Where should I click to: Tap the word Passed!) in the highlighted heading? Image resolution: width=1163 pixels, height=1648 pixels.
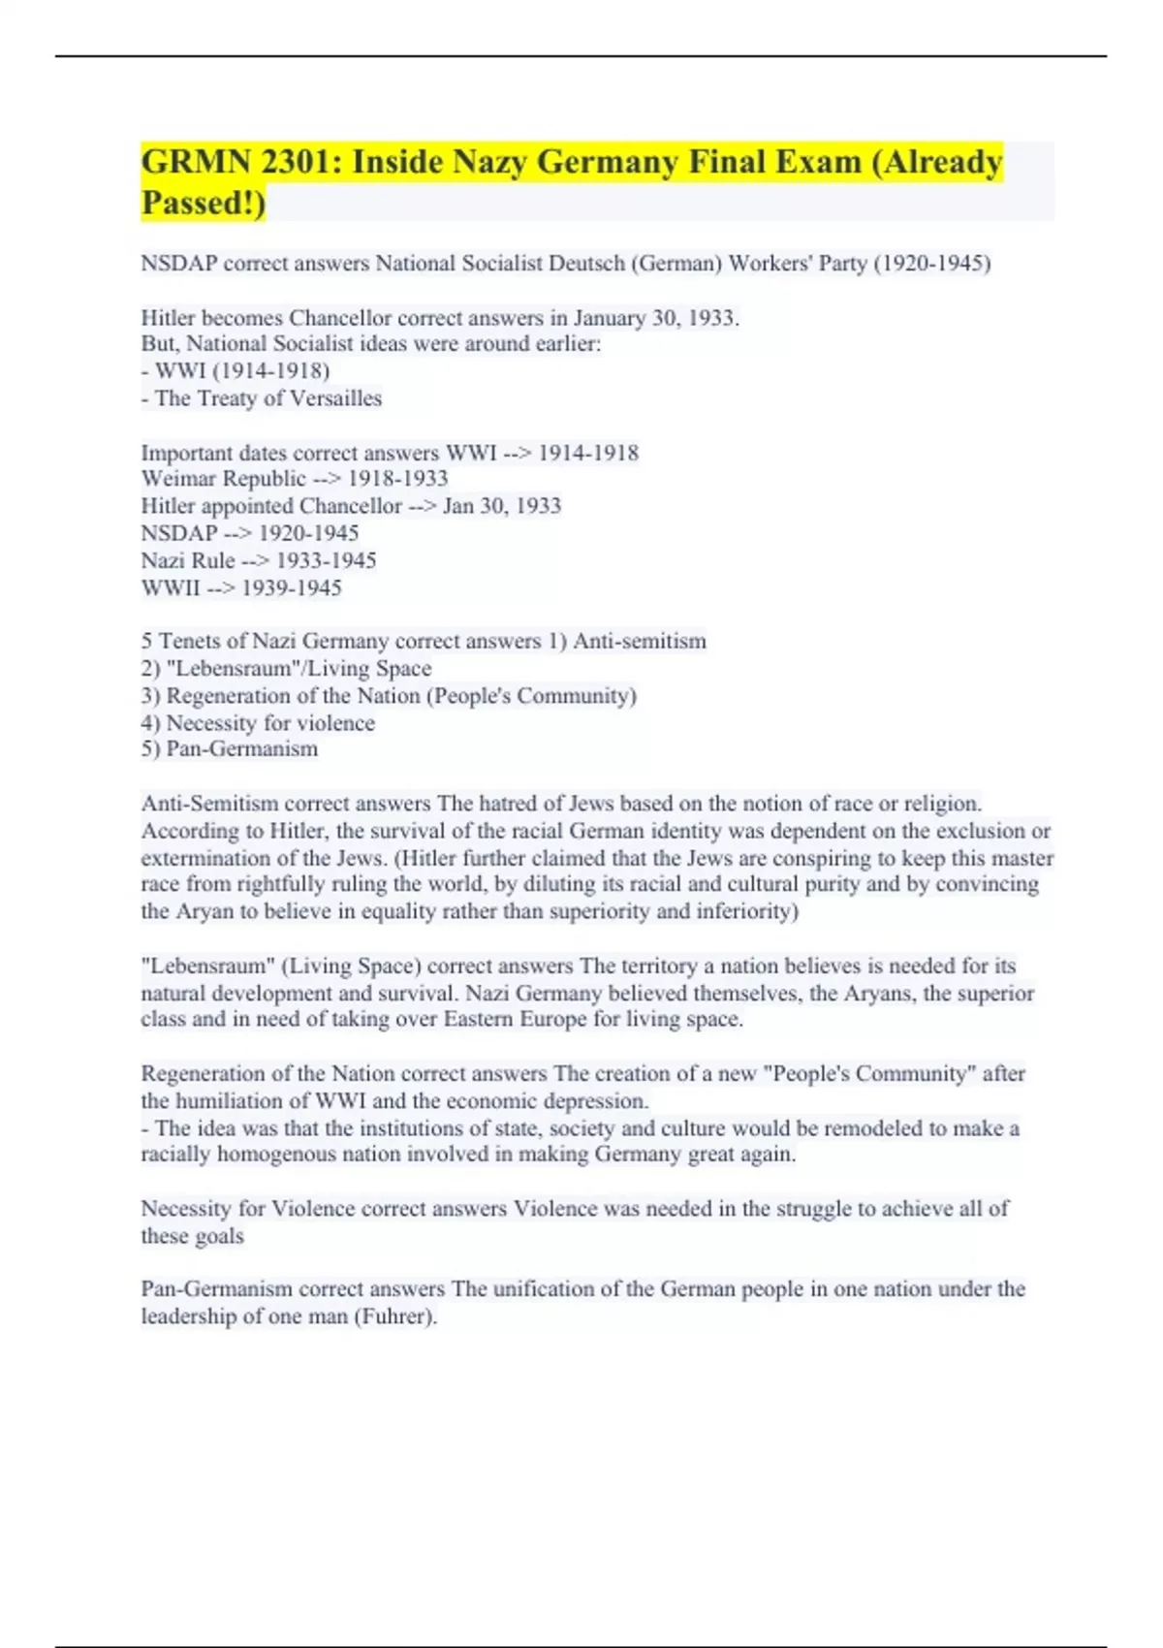pyautogui.click(x=204, y=203)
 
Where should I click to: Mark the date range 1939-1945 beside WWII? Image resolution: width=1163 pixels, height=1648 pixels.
pyautogui.click(x=292, y=588)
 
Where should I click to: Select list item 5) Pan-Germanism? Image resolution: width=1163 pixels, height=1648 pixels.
pyautogui.click(x=230, y=749)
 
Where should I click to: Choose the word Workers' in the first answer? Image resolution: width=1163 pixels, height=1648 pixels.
pyautogui.click(x=780, y=264)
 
